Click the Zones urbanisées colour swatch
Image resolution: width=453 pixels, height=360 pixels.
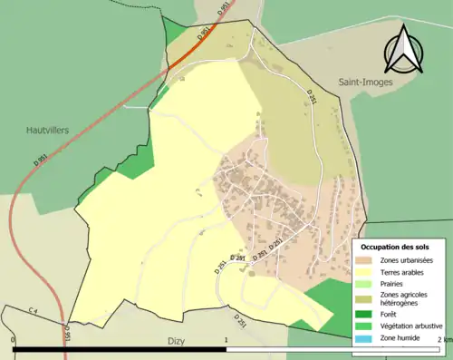coord(366,260)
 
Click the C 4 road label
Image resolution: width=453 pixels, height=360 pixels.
coord(34,312)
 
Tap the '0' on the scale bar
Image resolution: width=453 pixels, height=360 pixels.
coord(14,340)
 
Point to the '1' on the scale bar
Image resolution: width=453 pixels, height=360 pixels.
coord(225,340)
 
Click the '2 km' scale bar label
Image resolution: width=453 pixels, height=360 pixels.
coord(443,340)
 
